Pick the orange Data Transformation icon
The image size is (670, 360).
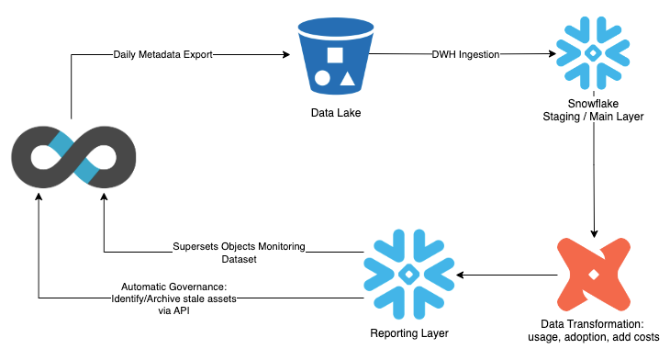[x=594, y=273]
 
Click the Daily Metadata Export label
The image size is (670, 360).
[x=162, y=55]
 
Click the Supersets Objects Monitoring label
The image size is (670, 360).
[x=239, y=247]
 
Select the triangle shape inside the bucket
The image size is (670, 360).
[x=346, y=79]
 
